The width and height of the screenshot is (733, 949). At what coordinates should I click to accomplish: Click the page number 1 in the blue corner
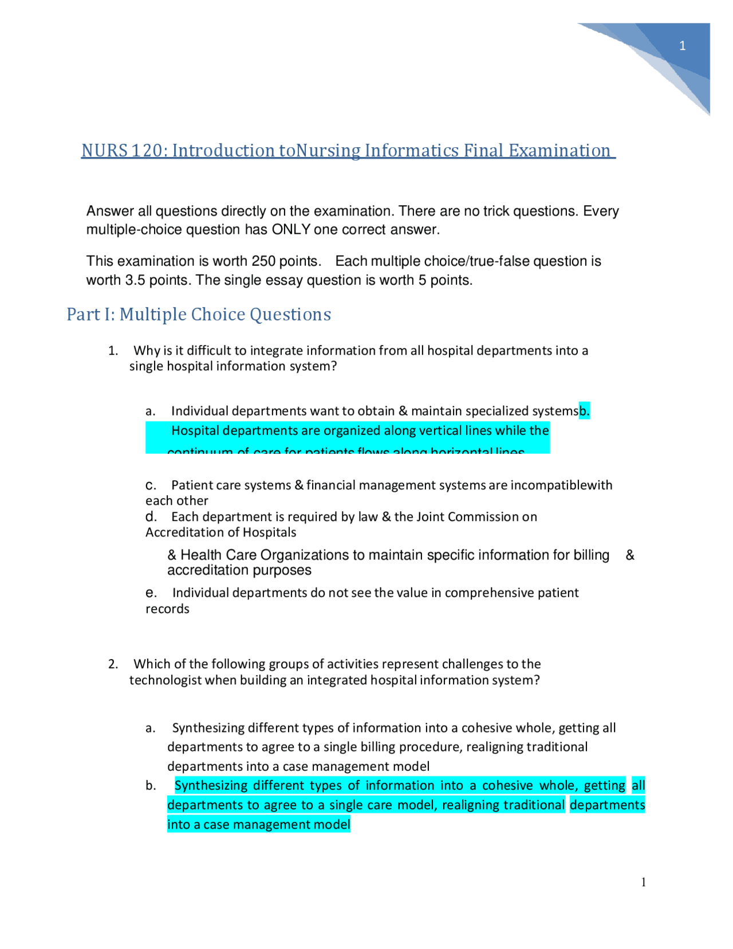point(682,46)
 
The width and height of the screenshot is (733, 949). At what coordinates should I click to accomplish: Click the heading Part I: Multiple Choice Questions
point(199,314)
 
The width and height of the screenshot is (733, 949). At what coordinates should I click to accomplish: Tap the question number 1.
point(113,351)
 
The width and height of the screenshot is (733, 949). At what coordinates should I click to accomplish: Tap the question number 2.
point(113,664)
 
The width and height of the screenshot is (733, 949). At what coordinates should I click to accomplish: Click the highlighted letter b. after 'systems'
point(584,411)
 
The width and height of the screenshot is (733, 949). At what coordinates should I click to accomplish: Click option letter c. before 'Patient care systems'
point(151,485)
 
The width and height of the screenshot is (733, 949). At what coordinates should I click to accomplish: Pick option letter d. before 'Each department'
point(151,517)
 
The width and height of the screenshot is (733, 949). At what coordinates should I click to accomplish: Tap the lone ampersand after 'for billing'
point(630,555)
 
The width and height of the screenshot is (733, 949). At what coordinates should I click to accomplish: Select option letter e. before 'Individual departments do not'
point(151,593)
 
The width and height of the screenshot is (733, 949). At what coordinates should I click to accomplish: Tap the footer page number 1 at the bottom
point(644,883)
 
